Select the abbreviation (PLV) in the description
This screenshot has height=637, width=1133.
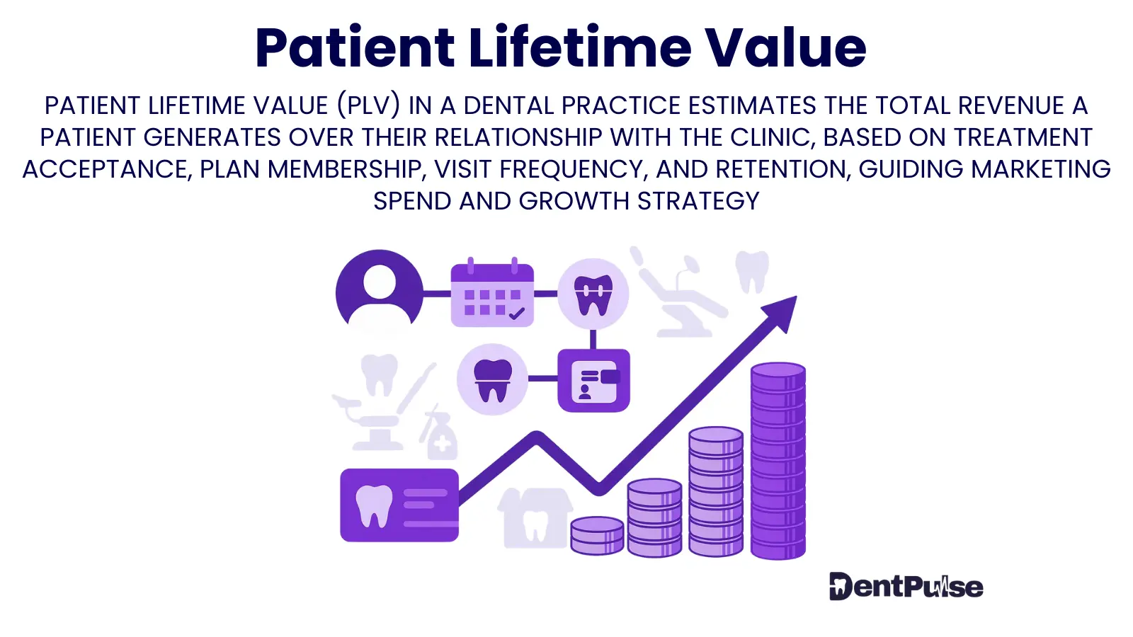(x=369, y=105)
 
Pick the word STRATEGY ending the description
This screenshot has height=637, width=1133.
(x=698, y=201)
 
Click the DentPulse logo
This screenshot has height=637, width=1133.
(x=906, y=587)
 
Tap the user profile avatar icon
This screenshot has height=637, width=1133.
(x=380, y=290)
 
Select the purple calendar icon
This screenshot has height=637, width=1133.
(x=492, y=293)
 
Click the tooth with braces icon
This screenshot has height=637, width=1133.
(x=593, y=294)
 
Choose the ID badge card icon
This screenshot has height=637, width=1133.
(x=594, y=381)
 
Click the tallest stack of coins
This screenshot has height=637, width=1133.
(x=778, y=461)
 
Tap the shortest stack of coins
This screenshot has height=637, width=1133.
(x=597, y=535)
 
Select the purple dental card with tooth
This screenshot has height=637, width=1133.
(x=399, y=505)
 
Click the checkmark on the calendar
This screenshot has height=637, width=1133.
(x=516, y=314)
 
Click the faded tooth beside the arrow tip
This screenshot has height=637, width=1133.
(x=752, y=272)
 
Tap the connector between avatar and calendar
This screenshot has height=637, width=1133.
(x=436, y=294)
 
